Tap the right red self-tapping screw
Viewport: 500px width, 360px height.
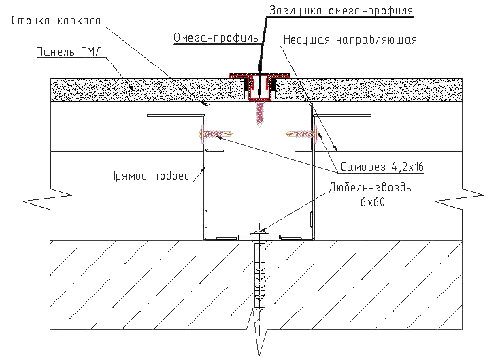[x=301, y=134]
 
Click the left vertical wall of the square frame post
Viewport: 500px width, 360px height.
[x=205, y=170]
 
